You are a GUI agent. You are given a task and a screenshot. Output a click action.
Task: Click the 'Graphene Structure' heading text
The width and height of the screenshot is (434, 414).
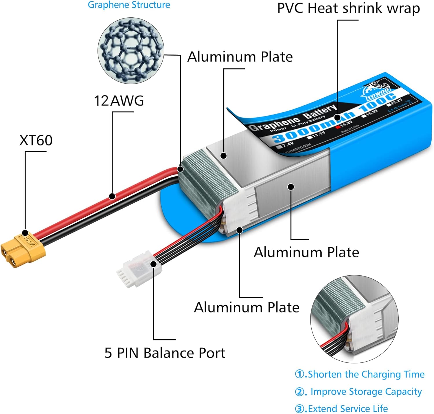pos(129,5)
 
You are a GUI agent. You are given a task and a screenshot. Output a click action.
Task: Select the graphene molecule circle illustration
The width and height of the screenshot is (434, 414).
pos(131,51)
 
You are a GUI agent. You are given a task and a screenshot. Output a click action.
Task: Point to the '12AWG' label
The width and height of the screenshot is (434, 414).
pos(119,101)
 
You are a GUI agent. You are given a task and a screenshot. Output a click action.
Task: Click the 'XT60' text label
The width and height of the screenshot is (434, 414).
pos(36,140)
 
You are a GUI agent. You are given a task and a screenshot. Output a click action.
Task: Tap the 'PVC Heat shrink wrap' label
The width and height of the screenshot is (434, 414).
pos(348,8)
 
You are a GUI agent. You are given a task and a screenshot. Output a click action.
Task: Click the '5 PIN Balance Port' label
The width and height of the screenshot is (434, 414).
pos(165,353)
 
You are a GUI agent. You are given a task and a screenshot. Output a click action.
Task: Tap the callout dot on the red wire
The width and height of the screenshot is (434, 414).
pos(112,196)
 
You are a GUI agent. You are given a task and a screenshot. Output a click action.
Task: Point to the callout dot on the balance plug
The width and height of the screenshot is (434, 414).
pos(154,264)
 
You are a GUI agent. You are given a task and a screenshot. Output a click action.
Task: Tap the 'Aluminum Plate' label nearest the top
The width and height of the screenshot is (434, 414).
pos(240,57)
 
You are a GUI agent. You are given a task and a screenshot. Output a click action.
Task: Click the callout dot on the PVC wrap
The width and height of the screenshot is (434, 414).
pos(337,118)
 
